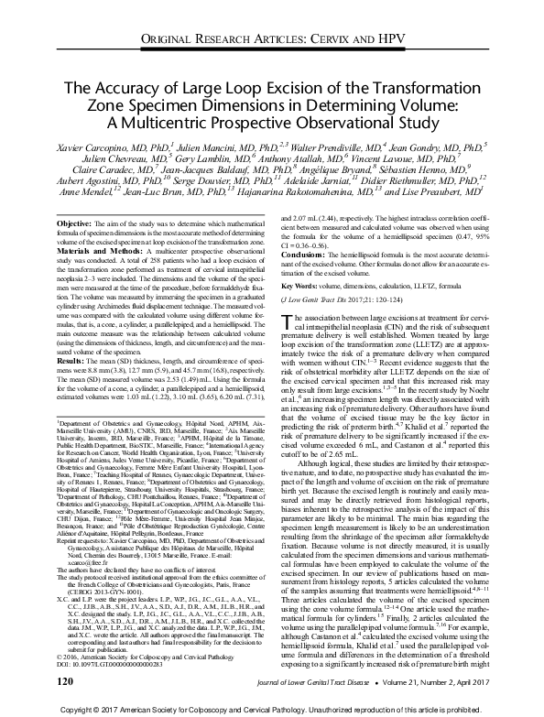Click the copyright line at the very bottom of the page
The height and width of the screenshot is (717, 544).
coord(271,710)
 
